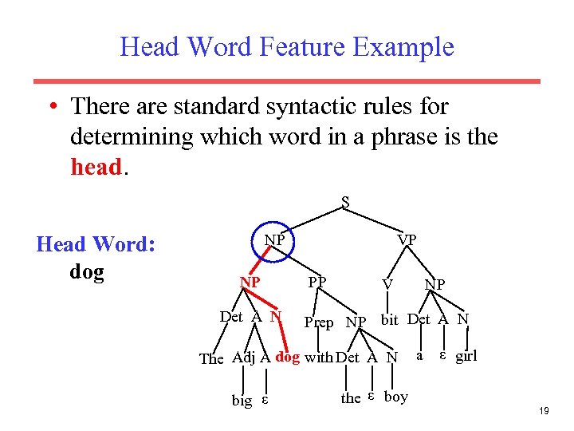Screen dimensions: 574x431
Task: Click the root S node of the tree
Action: [345, 202]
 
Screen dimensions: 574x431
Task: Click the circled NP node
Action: [274, 239]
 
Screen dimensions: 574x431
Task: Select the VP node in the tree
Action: [407, 239]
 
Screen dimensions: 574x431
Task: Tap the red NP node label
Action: [250, 282]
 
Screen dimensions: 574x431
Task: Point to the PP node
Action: [316, 282]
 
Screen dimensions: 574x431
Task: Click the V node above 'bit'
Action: [387, 283]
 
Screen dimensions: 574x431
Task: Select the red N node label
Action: [276, 317]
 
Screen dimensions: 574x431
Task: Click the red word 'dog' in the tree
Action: [287, 357]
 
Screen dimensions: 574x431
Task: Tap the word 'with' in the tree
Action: [318, 358]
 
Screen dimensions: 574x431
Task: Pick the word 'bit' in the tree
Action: [389, 320]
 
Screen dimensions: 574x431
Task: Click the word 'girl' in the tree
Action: [466, 356]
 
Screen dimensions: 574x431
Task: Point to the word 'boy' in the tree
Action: [395, 397]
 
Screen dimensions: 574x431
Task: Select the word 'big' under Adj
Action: [242, 400]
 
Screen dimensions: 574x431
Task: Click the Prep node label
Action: [319, 322]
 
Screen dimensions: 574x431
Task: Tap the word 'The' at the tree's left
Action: [211, 358]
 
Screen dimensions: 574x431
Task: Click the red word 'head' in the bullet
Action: [95, 168]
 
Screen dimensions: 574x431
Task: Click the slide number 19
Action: [545, 411]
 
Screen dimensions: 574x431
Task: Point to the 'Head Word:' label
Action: [96, 244]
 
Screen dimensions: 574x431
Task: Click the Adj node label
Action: [244, 357]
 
